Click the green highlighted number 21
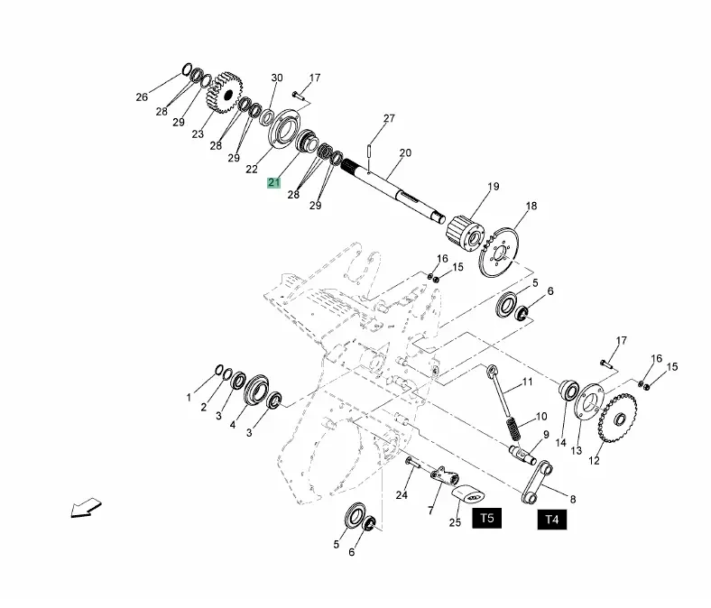click(x=273, y=182)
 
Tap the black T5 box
click(x=487, y=519)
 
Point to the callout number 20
click(x=404, y=153)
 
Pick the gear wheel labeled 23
click(x=226, y=96)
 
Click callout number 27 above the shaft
click(x=389, y=119)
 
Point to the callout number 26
click(x=142, y=97)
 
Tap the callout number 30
click(x=277, y=78)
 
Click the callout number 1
click(x=189, y=397)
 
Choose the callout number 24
click(x=402, y=494)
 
